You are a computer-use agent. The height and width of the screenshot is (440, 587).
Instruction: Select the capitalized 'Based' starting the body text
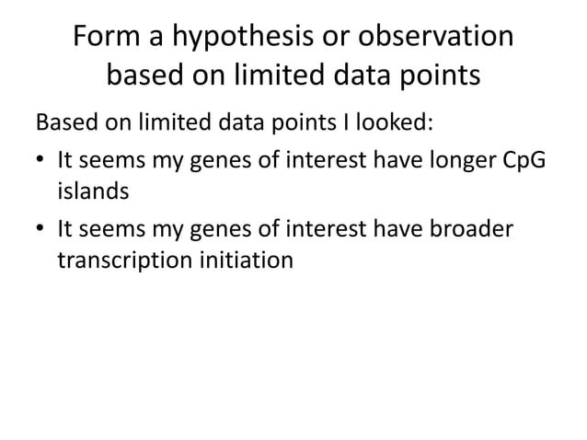pos(63,122)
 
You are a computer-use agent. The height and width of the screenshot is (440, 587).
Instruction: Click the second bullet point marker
pos(41,227)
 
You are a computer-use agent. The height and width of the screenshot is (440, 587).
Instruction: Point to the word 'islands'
pos(91,192)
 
